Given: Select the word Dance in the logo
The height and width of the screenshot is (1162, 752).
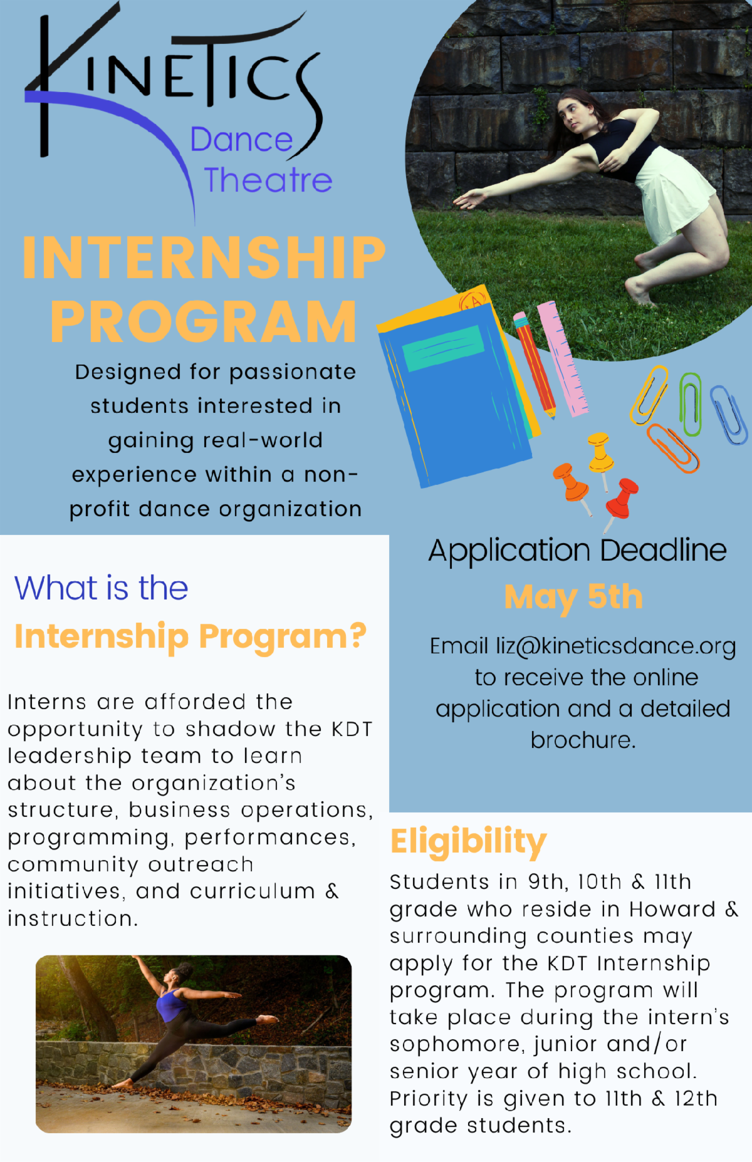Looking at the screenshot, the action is point(241,140).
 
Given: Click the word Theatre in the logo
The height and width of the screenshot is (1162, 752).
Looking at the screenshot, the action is point(268,180).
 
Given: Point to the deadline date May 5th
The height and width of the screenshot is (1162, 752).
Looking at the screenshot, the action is point(573,598).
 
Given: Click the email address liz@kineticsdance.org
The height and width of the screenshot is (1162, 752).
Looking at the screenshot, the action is point(615,646).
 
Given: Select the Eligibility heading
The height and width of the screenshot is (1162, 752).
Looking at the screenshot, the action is point(468,842).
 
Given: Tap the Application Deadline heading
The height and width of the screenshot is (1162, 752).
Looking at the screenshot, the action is point(577,551).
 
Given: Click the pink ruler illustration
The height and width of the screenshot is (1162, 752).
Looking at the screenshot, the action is point(563,358).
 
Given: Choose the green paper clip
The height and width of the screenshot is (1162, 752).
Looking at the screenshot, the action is point(690,404).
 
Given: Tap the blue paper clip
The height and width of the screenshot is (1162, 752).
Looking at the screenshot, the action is point(729,414).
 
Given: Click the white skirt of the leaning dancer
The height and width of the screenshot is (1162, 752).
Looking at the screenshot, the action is point(674,188).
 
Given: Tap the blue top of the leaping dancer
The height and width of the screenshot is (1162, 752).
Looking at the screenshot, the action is point(170,1005).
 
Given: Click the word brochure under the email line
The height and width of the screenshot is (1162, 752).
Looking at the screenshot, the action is point(583,740).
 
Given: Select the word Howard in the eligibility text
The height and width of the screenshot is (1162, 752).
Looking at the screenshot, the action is point(672,909).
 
